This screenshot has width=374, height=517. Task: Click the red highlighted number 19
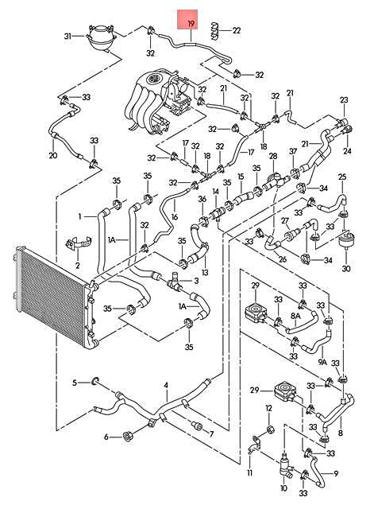[191, 24]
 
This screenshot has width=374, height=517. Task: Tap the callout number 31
[67, 36]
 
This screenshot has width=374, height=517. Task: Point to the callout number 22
[237, 30]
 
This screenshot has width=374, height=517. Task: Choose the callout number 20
[53, 155]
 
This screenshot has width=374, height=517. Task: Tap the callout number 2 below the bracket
[78, 265]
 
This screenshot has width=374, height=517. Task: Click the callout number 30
[346, 269]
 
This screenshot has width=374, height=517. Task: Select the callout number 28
[273, 156]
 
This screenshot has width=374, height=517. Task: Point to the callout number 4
[166, 385]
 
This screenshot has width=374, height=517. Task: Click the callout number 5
[75, 383]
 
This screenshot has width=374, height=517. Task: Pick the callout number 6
[106, 437]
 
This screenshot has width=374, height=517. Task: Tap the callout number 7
[211, 434]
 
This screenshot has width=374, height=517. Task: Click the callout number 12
[268, 408]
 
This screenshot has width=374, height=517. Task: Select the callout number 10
[283, 488]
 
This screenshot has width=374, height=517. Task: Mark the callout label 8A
[295, 316]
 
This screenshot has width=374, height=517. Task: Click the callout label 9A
[322, 362]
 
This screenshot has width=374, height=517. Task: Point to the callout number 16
[175, 216]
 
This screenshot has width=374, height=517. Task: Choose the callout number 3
[197, 281]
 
